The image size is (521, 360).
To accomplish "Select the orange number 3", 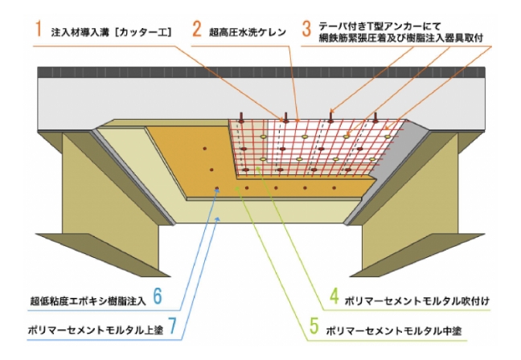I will click(x=306, y=29).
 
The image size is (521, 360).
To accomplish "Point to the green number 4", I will click(x=335, y=300).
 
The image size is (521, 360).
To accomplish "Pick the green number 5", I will click(x=314, y=328).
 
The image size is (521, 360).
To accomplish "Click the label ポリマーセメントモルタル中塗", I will click(x=394, y=329).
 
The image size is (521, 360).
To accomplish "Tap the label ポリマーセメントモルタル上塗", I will click(x=93, y=329).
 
